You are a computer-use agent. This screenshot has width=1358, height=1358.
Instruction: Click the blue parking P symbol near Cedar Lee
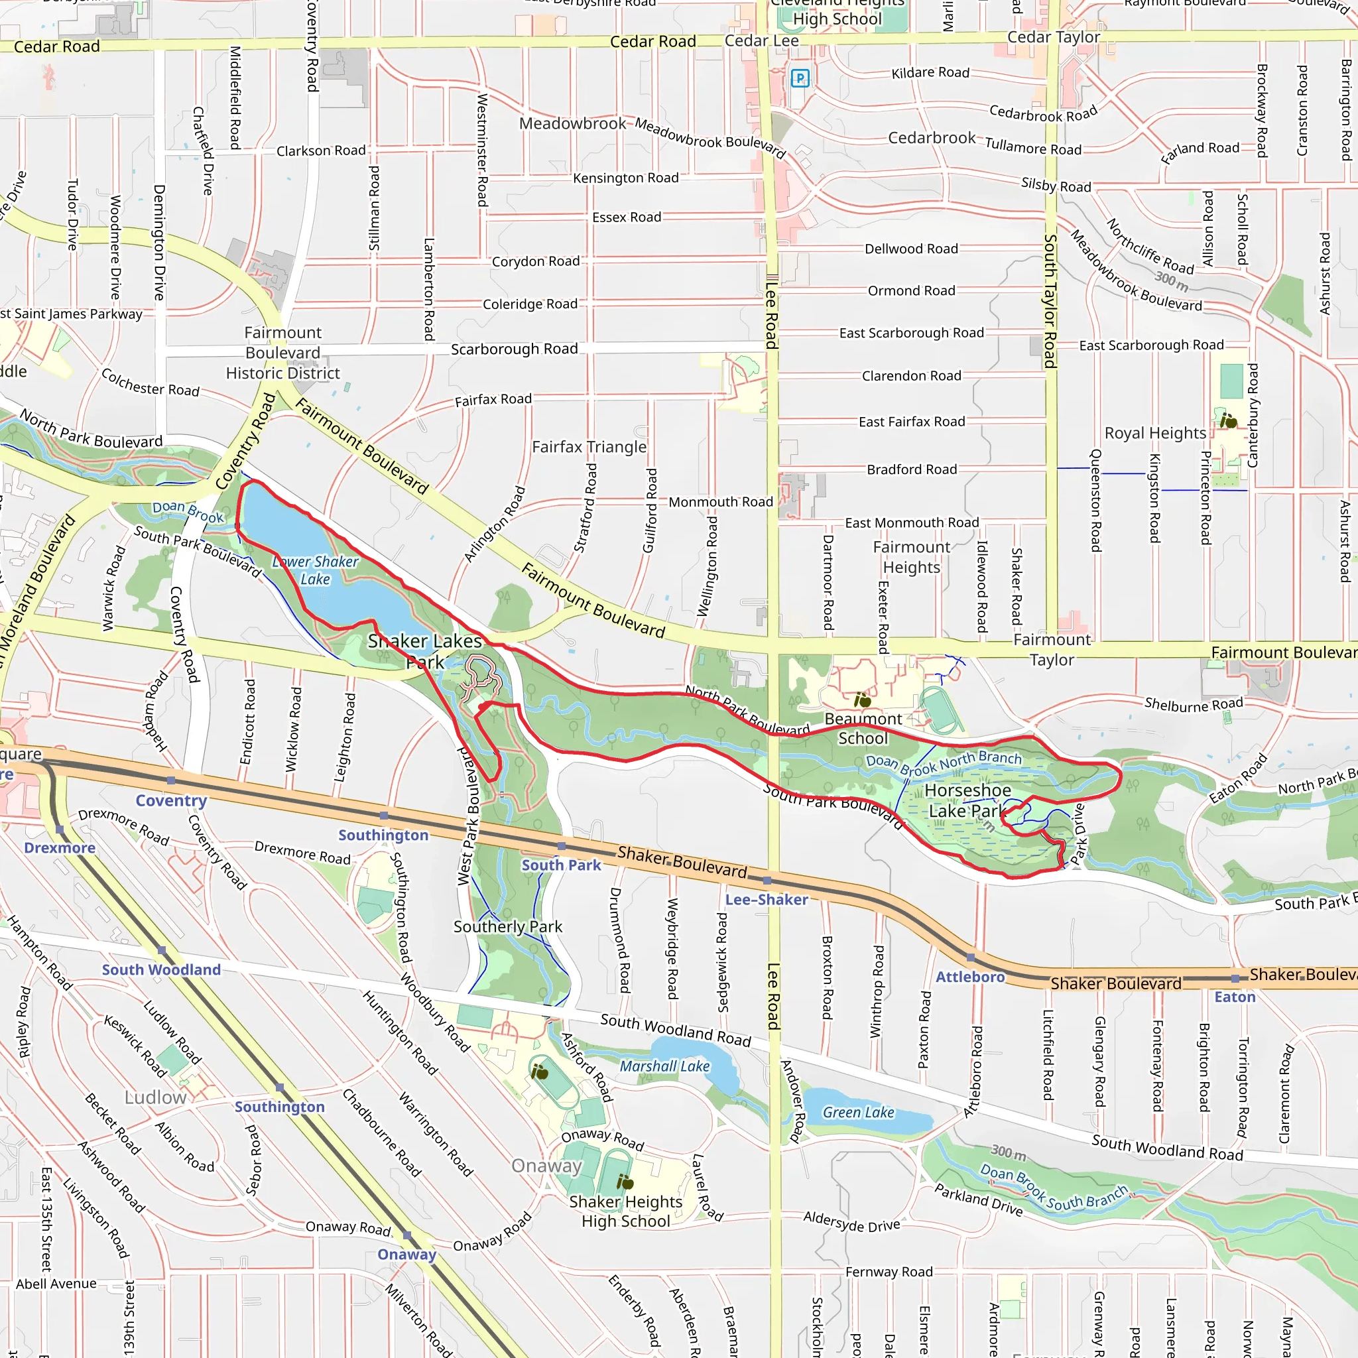point(800,78)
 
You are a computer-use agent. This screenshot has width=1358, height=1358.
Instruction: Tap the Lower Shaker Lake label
point(316,570)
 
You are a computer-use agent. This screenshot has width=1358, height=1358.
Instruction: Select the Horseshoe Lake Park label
point(967,800)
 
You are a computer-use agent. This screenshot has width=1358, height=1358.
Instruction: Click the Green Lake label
point(858,1113)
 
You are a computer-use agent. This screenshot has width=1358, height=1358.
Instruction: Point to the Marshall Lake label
point(664,1066)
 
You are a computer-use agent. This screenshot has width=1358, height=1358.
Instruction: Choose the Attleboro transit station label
point(970,976)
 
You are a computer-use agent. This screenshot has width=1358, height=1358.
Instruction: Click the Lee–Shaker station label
point(767,900)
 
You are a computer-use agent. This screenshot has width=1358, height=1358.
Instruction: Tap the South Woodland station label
point(161,970)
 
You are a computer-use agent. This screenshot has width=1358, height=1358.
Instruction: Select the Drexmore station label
point(60,847)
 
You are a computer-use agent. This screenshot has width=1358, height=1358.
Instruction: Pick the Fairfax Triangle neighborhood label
point(589,447)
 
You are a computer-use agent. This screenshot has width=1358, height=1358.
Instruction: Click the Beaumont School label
point(863,728)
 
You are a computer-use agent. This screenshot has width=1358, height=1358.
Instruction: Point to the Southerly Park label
point(507,926)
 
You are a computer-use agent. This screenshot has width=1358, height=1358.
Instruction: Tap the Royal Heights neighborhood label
point(1155,433)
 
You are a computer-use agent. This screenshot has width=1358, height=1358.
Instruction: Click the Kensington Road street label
point(625,178)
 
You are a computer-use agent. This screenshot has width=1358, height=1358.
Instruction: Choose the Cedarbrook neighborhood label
point(932,138)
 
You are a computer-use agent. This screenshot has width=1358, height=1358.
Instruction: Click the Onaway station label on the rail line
point(406,1255)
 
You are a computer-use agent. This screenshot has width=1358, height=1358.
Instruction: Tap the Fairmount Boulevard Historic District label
point(282,353)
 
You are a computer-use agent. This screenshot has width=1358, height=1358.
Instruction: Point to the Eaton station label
point(1234,997)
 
